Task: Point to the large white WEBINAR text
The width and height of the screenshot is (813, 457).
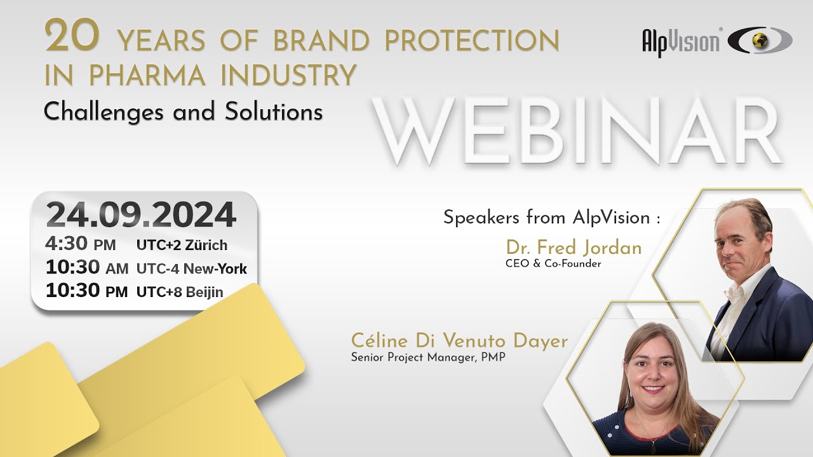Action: (575, 131)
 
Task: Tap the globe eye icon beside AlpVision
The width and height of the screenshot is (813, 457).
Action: (760, 41)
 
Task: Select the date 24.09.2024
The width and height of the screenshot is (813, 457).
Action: (141, 215)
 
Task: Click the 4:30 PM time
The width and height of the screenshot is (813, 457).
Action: (80, 244)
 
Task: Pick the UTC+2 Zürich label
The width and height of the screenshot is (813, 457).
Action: (182, 245)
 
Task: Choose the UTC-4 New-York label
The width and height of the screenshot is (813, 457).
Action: (191, 268)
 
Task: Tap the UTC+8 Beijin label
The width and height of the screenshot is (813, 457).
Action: (180, 292)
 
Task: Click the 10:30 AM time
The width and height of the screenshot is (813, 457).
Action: (86, 268)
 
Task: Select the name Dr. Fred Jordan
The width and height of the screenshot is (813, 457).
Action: (574, 248)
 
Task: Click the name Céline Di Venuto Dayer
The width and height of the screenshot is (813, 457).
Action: (459, 341)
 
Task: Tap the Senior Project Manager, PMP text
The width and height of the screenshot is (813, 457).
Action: (428, 357)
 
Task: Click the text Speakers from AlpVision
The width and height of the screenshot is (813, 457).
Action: (551, 218)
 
